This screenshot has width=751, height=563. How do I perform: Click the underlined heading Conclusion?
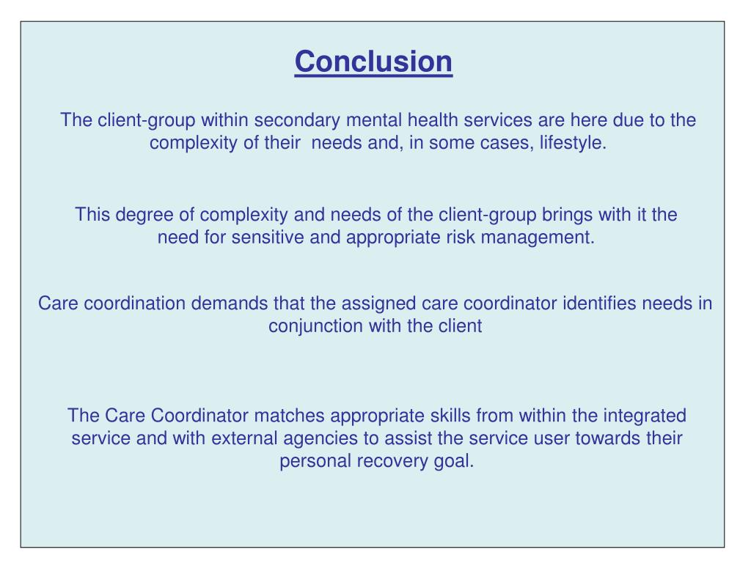point(374,62)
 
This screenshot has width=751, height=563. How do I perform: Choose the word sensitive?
point(266,238)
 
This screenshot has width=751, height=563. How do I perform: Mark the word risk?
point(461,238)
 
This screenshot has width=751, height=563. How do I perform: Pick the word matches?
point(289,416)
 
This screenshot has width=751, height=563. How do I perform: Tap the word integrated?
point(645,416)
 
